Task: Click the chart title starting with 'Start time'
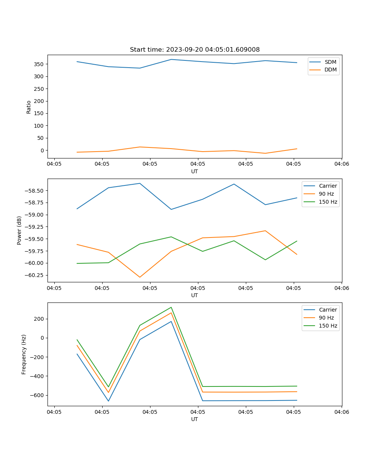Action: coord(195,50)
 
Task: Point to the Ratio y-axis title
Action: coord(28,107)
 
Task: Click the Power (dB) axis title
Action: coord(19,230)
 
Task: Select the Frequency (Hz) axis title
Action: coord(24,354)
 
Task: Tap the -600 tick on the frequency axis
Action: coord(37,395)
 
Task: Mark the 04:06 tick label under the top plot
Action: coord(341,164)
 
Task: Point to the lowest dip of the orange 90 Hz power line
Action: coord(140,277)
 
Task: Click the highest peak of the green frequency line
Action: coord(171,307)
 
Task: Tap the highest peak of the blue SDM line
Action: coord(171,59)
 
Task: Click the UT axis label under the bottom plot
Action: coord(195,419)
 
